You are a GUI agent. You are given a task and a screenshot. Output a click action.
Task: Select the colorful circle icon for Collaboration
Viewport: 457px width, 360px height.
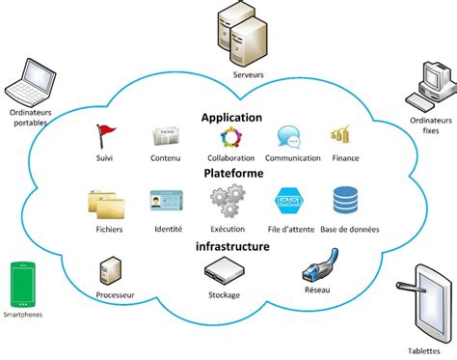(x=231, y=136)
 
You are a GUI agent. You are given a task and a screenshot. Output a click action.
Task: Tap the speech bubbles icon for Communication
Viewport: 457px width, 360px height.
(x=289, y=136)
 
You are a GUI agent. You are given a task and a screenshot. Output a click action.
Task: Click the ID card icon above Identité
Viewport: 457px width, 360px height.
(x=167, y=200)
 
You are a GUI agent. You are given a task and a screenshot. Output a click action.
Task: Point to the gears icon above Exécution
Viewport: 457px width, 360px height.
(x=229, y=200)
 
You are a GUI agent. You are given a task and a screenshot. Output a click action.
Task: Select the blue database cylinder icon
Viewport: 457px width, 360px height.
(x=345, y=200)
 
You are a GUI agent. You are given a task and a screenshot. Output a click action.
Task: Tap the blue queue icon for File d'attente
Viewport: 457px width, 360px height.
(x=290, y=201)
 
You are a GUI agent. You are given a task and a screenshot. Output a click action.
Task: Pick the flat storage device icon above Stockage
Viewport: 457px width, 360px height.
(x=224, y=272)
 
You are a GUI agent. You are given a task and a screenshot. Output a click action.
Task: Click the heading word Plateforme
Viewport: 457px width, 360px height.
(x=231, y=174)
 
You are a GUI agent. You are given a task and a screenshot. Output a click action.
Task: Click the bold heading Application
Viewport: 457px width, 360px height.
(x=231, y=117)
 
